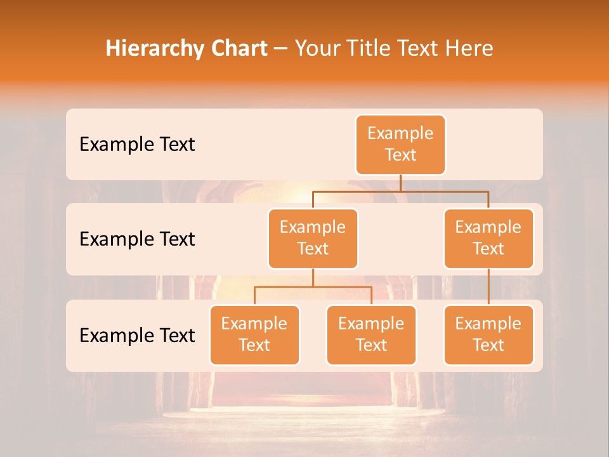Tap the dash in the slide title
[x=280, y=48]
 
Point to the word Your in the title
[x=317, y=48]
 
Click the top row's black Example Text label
[x=137, y=145]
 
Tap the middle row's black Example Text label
[x=137, y=239]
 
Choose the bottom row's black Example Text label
[x=137, y=335]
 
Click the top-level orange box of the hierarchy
[x=400, y=145]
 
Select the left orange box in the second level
[x=313, y=239]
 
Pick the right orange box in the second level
[x=488, y=239]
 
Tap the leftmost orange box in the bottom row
[x=254, y=335]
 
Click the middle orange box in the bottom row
[x=371, y=335]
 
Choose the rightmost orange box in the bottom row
[x=488, y=335]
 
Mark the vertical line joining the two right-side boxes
[x=488, y=287]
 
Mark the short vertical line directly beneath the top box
[x=400, y=183]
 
